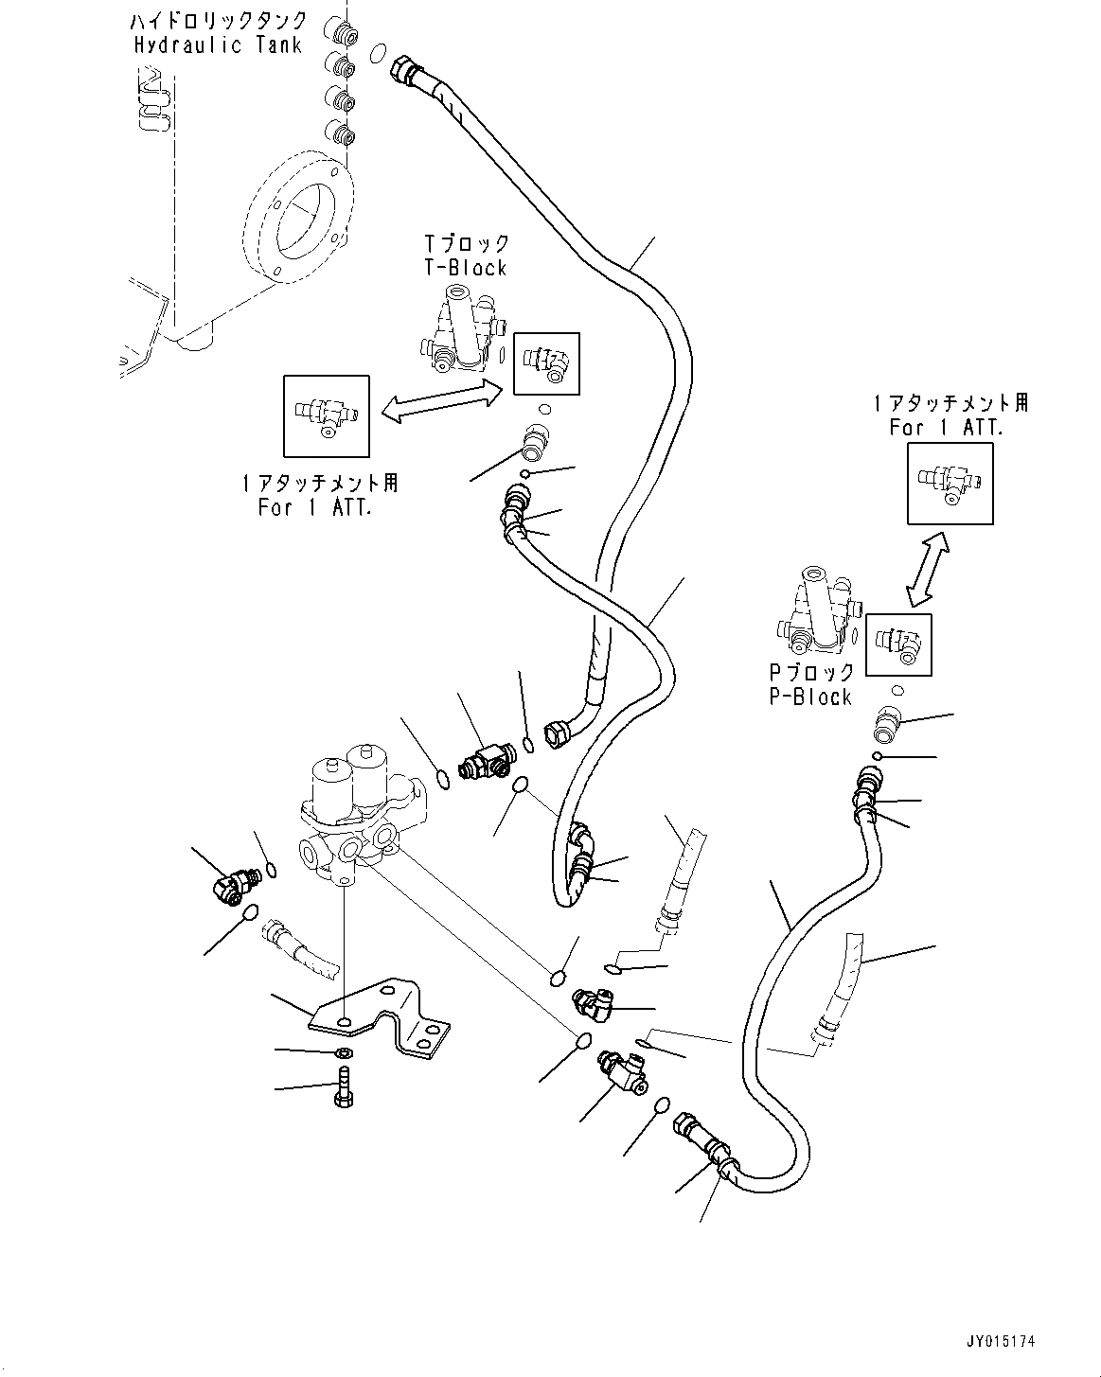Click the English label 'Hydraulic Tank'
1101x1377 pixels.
click(219, 45)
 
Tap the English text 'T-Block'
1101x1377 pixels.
click(466, 268)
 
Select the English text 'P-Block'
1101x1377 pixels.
click(810, 697)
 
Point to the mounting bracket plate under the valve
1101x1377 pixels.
click(380, 1026)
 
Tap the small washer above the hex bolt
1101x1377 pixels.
click(344, 1052)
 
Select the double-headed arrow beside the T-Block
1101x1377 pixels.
click(442, 400)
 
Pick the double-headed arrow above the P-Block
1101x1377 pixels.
click(928, 569)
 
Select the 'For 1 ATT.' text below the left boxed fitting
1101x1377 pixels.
click(314, 507)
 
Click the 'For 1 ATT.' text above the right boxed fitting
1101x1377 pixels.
click(946, 428)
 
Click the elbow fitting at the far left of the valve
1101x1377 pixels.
click(234, 884)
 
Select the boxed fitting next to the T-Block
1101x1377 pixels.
click(546, 363)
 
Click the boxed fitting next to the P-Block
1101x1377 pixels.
click(898, 645)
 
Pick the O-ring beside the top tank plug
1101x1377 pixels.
click(379, 53)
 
